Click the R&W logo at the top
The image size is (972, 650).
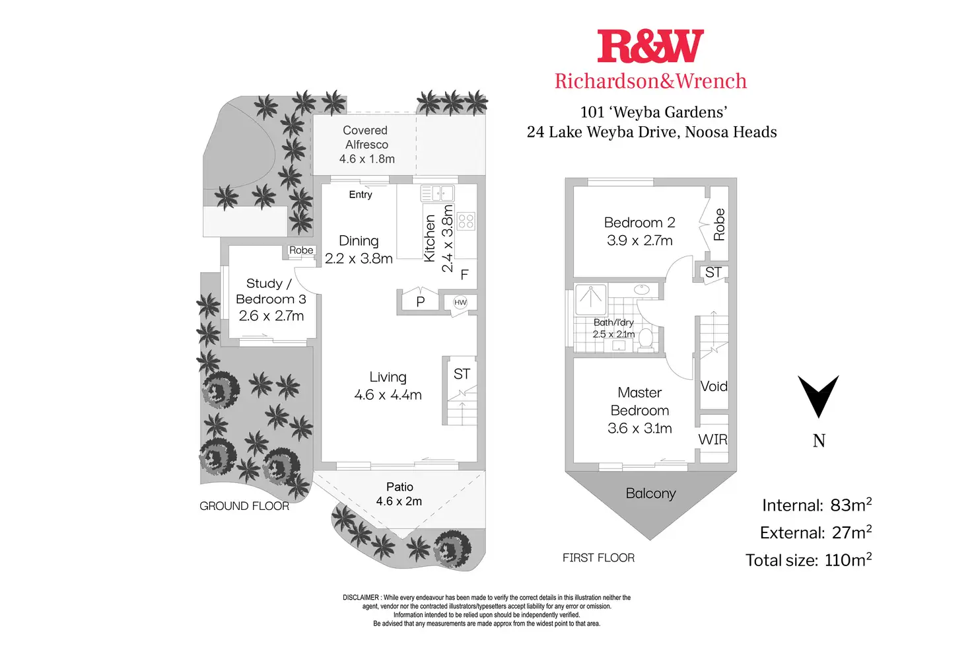(x=650, y=47)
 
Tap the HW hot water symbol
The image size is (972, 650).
(x=460, y=303)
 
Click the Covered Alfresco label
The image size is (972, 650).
(x=366, y=137)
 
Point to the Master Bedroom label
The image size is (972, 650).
(x=639, y=402)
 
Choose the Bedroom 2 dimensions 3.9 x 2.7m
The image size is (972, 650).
(x=639, y=240)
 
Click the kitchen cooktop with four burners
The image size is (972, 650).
(x=466, y=221)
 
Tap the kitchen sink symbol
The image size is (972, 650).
(x=438, y=194)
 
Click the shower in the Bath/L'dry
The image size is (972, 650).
(x=591, y=300)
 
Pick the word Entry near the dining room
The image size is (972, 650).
(x=361, y=195)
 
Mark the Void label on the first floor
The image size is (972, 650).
(x=714, y=386)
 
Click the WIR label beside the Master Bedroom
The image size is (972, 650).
(x=712, y=439)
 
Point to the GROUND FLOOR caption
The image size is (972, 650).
(x=244, y=506)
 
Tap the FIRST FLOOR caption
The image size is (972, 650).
(x=598, y=558)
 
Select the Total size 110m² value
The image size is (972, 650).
(x=848, y=560)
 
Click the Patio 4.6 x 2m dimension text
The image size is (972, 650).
(x=399, y=501)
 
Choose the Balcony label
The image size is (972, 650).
(x=650, y=493)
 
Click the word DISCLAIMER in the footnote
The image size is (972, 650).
(x=361, y=598)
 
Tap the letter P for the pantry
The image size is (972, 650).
(x=420, y=302)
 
